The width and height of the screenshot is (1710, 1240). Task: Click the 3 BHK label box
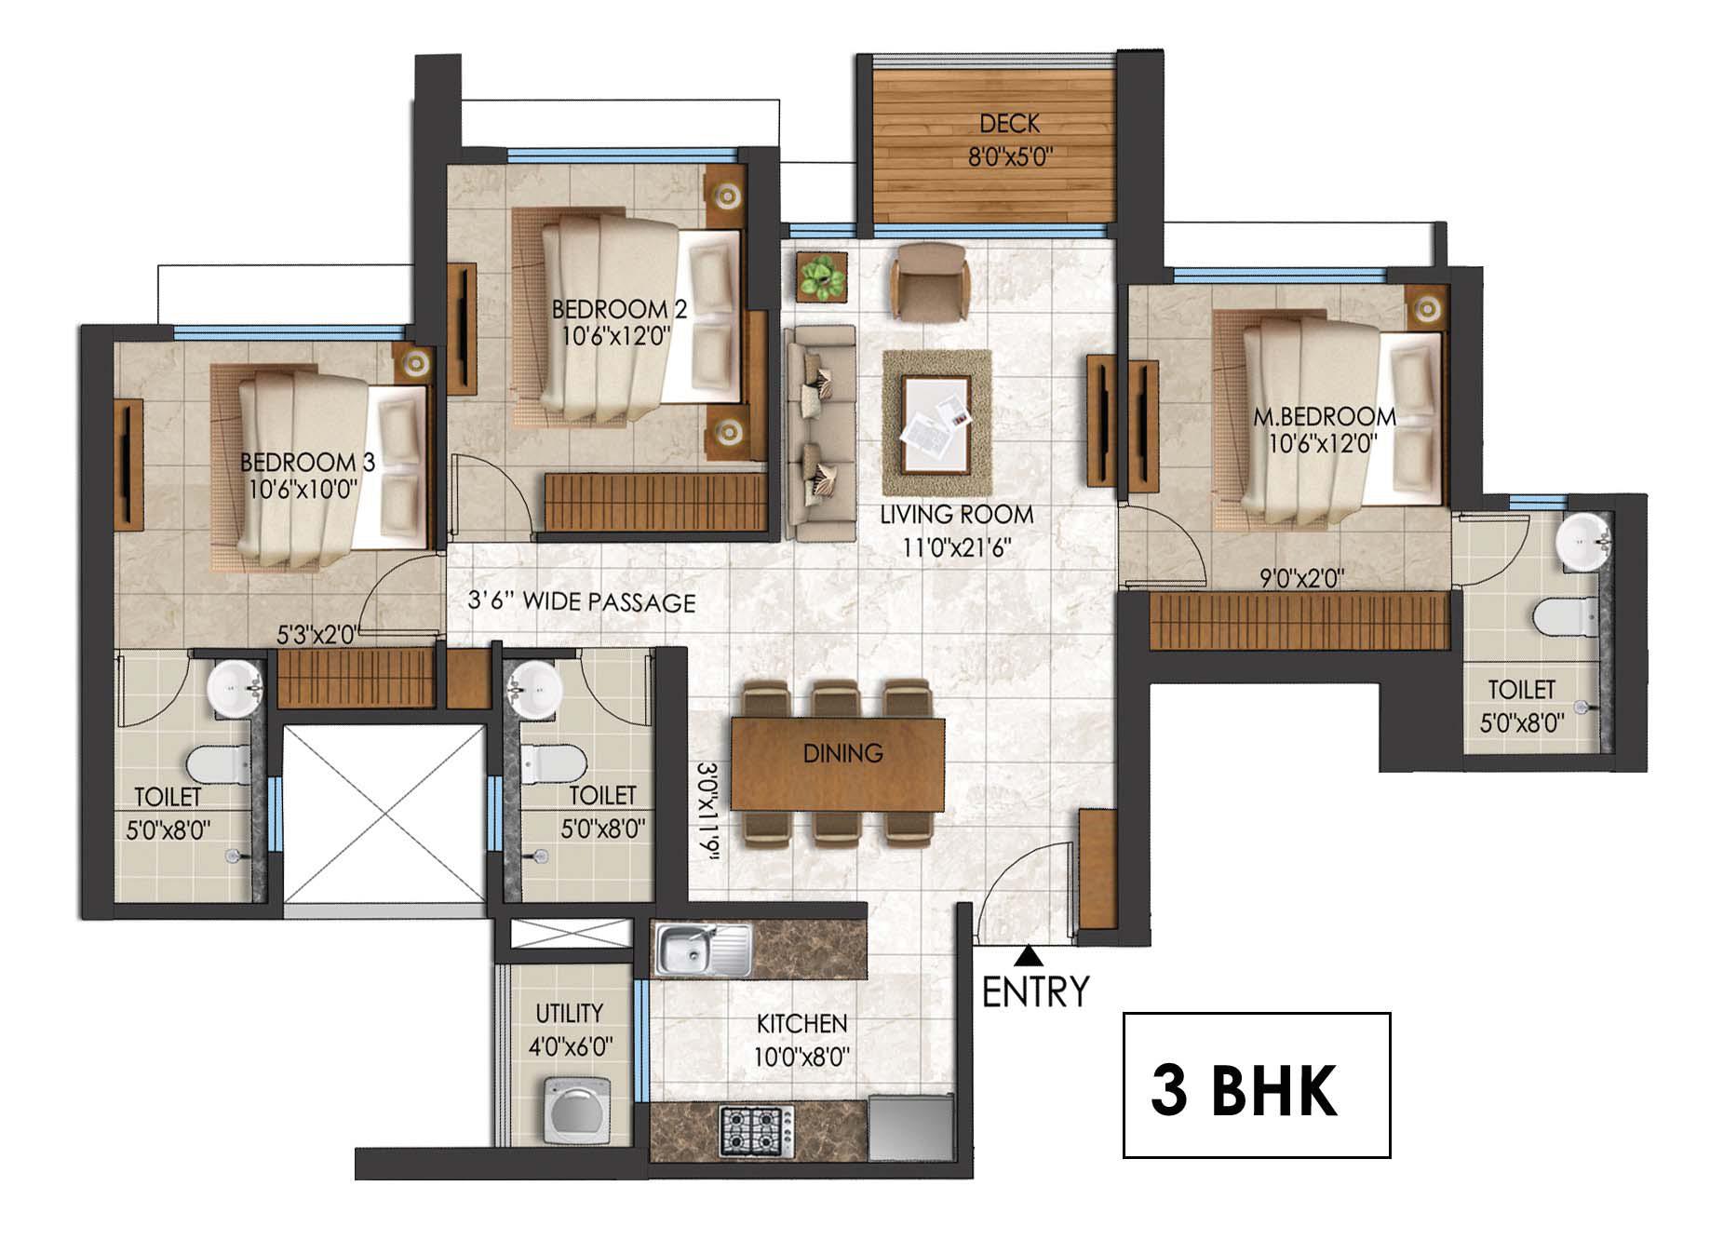1256,1085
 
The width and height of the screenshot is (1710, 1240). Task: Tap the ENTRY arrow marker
1029,954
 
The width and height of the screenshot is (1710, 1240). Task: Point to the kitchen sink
704,950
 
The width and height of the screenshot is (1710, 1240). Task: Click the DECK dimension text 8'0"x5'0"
1009,155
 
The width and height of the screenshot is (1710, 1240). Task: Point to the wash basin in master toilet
1582,541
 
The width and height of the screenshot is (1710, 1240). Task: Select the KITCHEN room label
801,1024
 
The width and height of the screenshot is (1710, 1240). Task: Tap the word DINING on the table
842,752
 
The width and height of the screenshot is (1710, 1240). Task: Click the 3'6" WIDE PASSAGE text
581,602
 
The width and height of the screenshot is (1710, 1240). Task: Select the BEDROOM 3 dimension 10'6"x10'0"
303,490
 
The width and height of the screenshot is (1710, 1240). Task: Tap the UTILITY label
569,1013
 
